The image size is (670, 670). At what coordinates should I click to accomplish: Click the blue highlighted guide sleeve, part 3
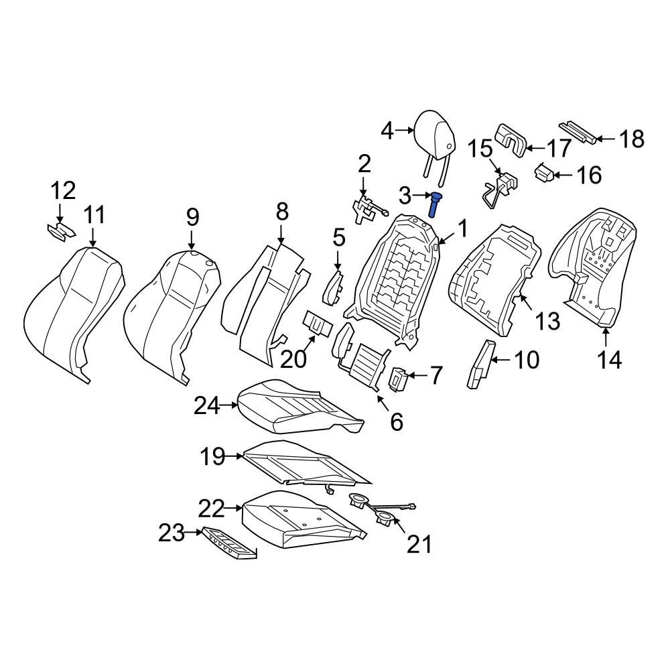point(435,204)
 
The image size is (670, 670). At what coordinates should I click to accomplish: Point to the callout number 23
point(172,533)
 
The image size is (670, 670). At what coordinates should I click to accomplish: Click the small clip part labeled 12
point(61,232)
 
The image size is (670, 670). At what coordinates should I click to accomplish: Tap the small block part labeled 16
point(544,173)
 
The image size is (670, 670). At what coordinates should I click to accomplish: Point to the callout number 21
point(419,544)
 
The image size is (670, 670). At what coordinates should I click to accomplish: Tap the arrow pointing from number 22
point(233,508)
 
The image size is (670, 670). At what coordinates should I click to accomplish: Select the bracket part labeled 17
point(511,140)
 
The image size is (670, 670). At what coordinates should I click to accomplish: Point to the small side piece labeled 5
point(333,288)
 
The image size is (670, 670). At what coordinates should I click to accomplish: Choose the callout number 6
point(397,421)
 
